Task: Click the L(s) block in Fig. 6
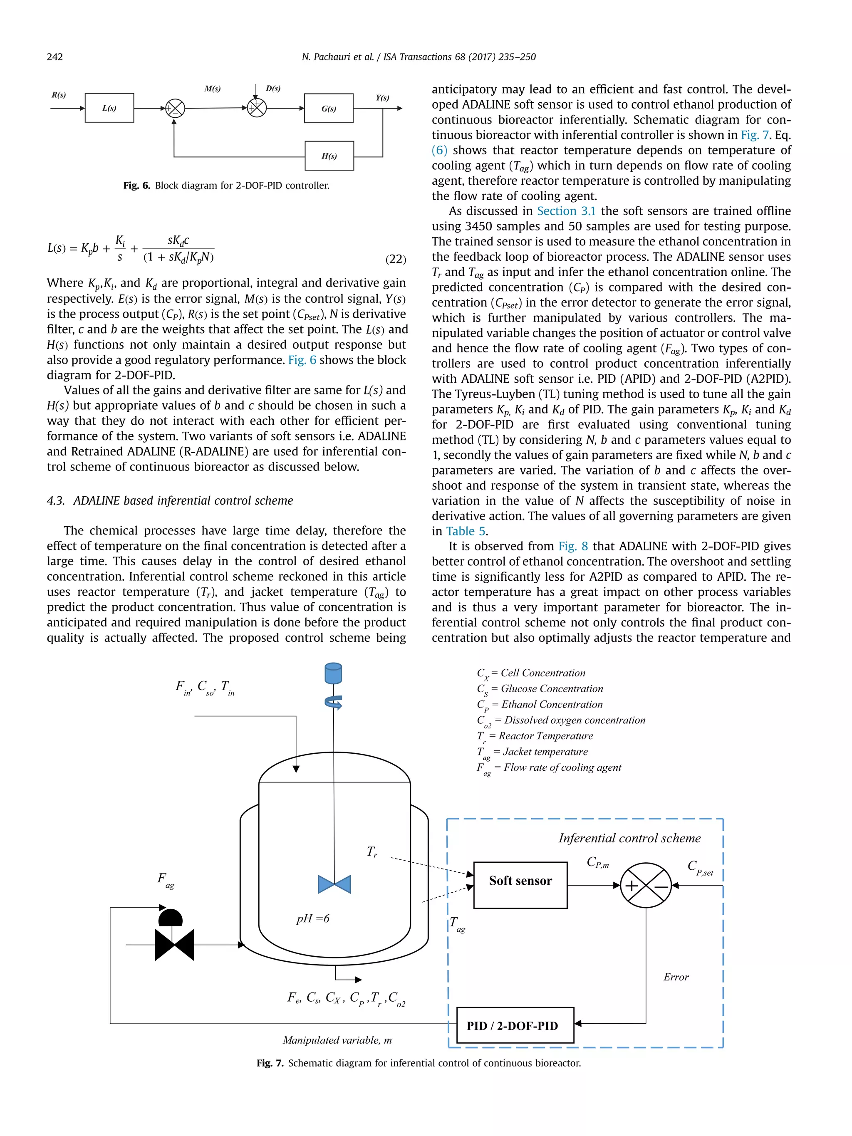click(x=109, y=108)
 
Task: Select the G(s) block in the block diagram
click(x=329, y=109)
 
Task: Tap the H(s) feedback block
click(x=329, y=156)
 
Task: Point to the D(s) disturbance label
click(x=273, y=88)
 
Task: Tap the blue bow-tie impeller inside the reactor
click(x=334, y=884)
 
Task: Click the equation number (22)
click(x=396, y=259)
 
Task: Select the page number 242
click(x=55, y=57)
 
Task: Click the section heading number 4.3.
click(x=56, y=501)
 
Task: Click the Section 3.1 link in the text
click(x=566, y=211)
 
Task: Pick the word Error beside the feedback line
click(x=676, y=977)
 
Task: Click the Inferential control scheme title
click(x=629, y=838)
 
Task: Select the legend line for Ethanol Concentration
click(x=540, y=705)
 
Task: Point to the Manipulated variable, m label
click(x=337, y=1040)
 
